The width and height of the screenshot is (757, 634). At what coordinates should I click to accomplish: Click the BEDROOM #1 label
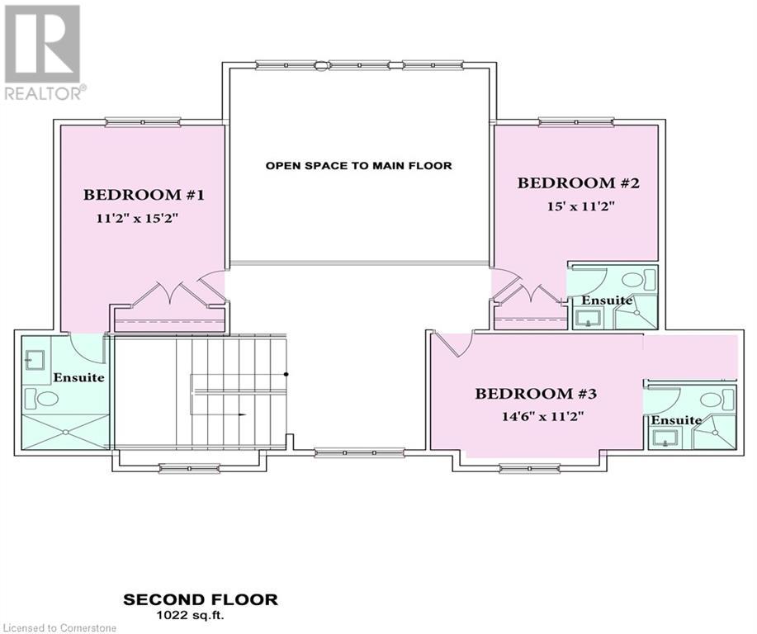click(x=144, y=195)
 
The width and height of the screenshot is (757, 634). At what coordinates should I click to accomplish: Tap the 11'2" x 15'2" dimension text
click(x=138, y=218)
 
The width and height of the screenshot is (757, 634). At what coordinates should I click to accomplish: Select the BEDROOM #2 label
click(x=579, y=183)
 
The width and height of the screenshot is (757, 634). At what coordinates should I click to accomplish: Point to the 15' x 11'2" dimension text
click(x=581, y=206)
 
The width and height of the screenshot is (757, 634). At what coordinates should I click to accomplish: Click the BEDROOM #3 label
click(x=536, y=394)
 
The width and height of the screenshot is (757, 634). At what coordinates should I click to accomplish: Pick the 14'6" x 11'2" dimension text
click(x=543, y=416)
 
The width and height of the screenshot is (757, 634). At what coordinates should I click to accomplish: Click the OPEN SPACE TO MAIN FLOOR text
click(x=359, y=166)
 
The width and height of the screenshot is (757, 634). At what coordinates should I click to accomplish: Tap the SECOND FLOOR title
click(x=201, y=599)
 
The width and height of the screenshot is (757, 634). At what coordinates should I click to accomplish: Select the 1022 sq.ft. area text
click(x=190, y=616)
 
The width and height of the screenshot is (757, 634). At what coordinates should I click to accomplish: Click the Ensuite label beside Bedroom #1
click(x=78, y=377)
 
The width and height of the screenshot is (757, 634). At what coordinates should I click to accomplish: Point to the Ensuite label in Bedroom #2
click(x=607, y=300)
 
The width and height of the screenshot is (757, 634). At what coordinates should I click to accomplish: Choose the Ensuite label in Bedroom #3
click(x=677, y=420)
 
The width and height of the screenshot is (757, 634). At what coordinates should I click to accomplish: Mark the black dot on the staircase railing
click(x=286, y=374)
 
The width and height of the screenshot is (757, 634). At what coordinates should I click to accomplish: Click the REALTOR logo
click(x=42, y=52)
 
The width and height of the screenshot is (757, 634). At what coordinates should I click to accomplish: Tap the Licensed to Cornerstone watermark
click(x=59, y=628)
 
